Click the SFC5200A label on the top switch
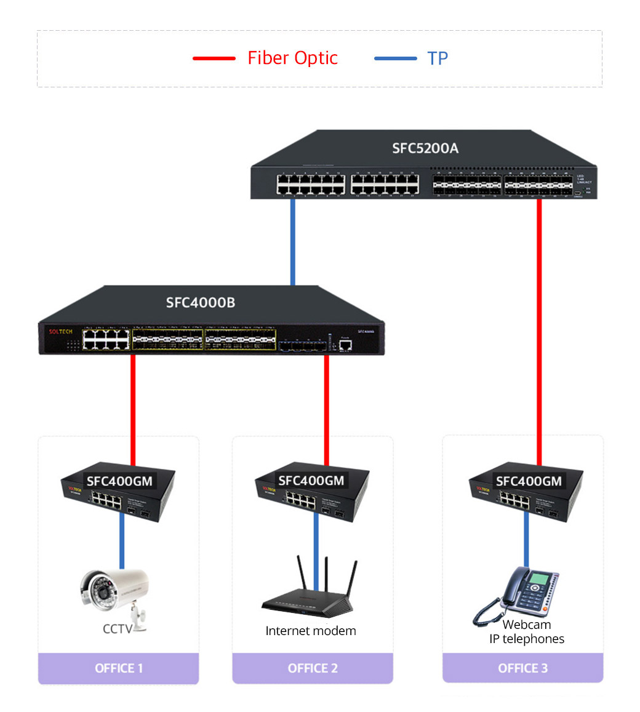(x=425, y=148)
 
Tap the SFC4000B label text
(x=201, y=302)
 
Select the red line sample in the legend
(x=214, y=58)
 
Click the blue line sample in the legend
(x=395, y=58)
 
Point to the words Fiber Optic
(x=292, y=58)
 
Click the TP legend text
(x=438, y=58)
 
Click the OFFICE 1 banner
(x=118, y=668)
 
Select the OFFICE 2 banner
(x=313, y=668)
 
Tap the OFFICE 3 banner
(x=522, y=668)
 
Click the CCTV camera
(x=114, y=592)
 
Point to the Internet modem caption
(x=311, y=631)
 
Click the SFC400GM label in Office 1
(x=119, y=481)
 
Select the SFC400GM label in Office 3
(x=529, y=481)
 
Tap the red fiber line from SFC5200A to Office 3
(x=539, y=332)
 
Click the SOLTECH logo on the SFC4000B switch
(x=61, y=332)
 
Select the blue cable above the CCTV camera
(x=122, y=542)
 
